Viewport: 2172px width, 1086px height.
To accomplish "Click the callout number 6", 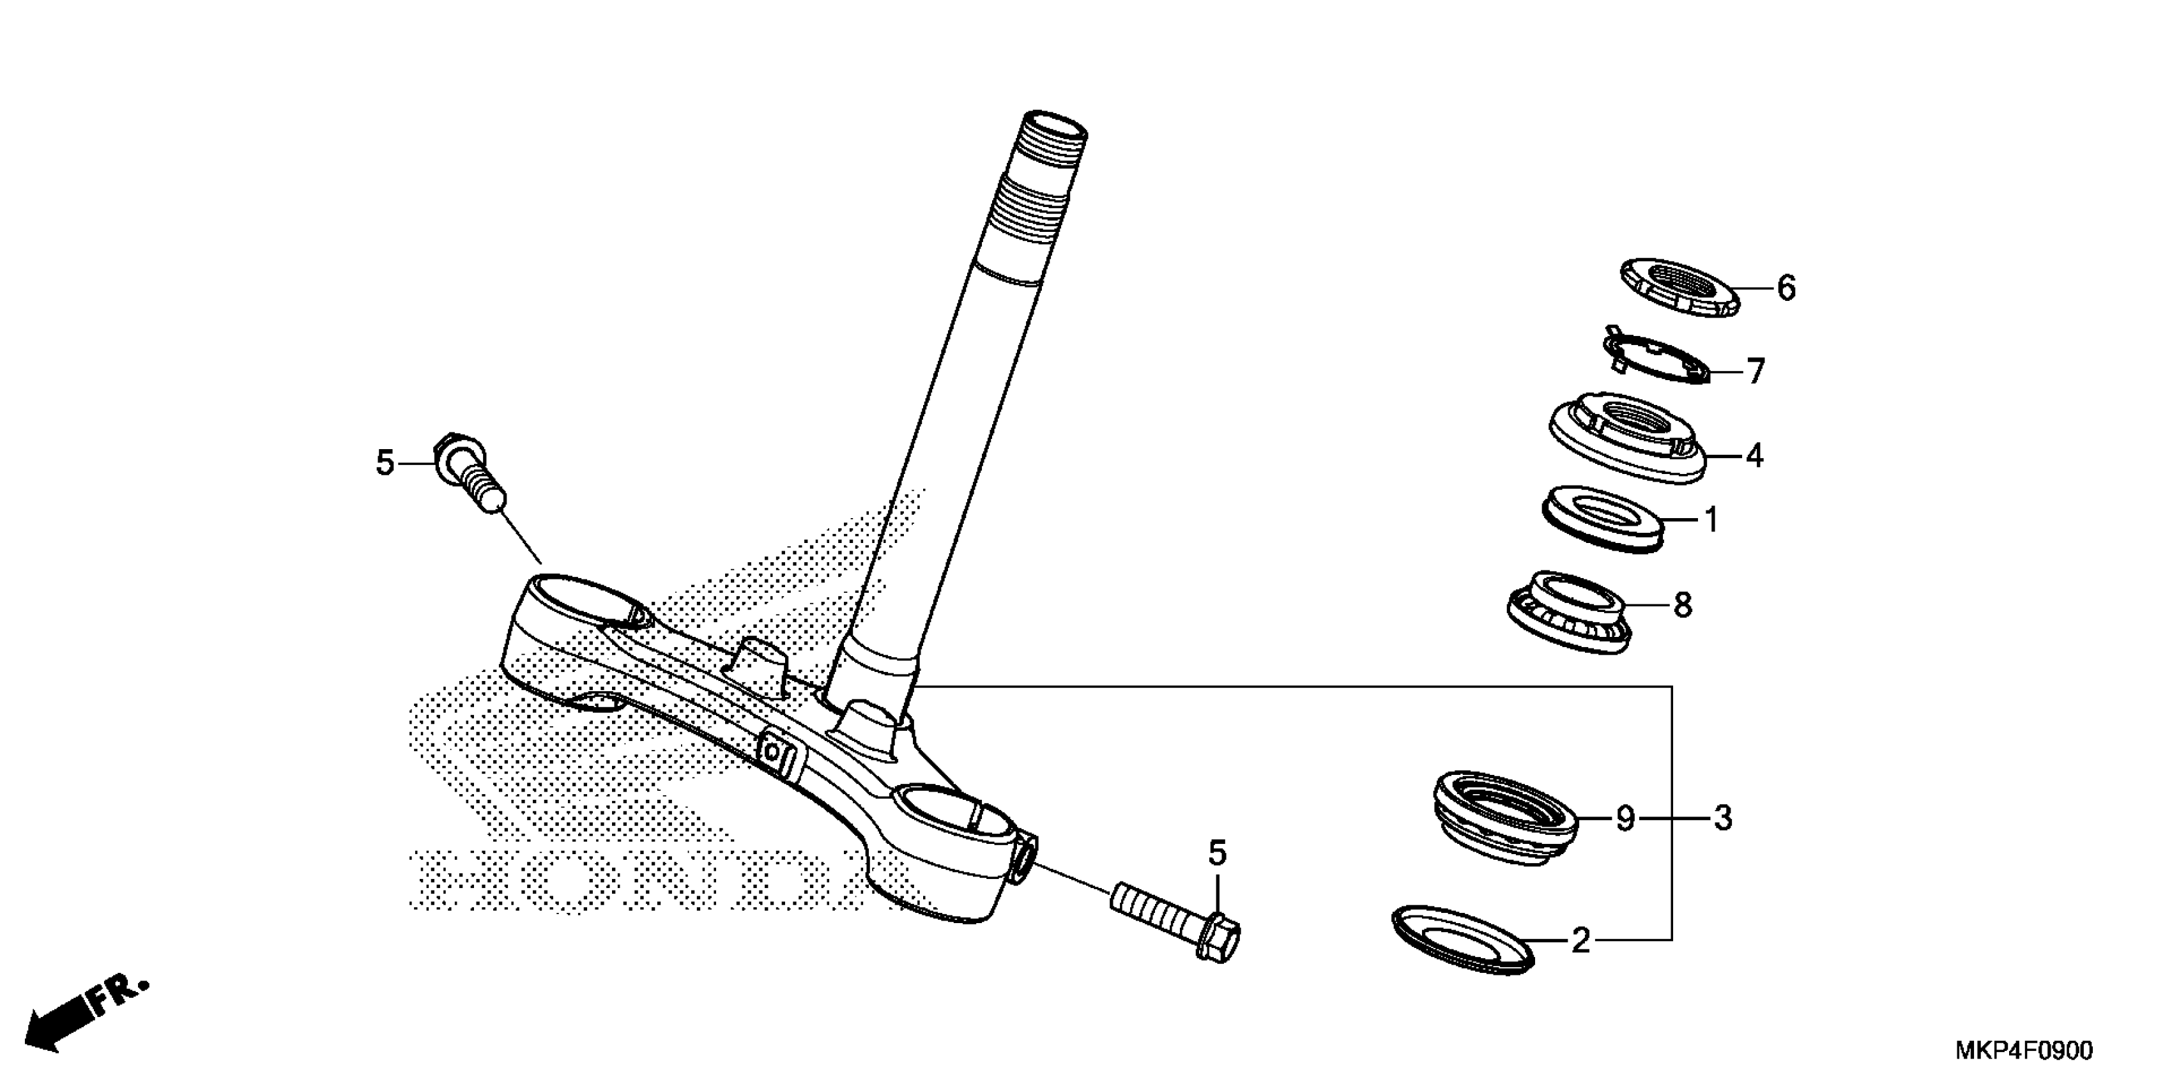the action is click(1786, 288).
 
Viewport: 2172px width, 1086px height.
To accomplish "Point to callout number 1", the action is click(1711, 520).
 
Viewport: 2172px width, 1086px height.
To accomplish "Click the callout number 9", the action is click(1625, 818).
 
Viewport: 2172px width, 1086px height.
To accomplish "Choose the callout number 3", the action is click(1723, 818).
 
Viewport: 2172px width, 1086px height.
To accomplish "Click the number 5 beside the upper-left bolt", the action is click(385, 463).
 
